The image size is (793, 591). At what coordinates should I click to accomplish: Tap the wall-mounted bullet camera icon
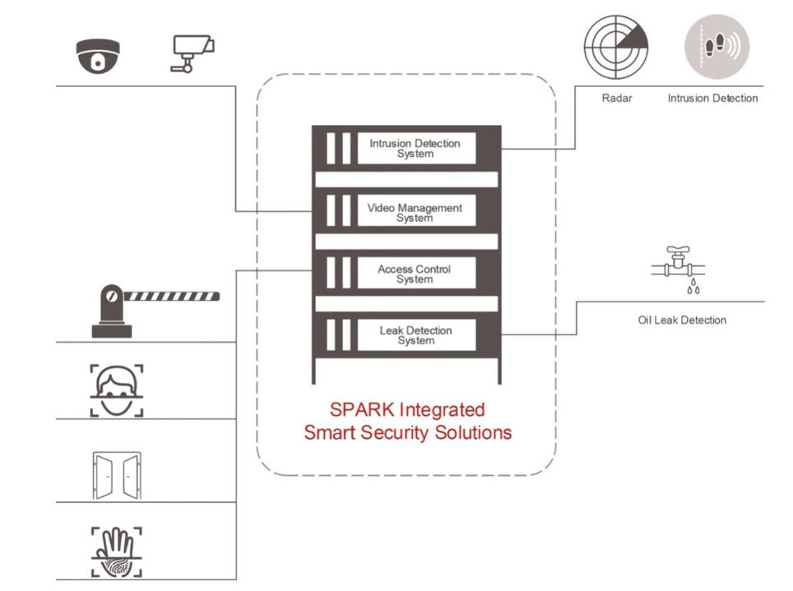(192, 53)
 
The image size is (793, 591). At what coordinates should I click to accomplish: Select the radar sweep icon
(615, 48)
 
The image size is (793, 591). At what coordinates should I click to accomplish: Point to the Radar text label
(616, 99)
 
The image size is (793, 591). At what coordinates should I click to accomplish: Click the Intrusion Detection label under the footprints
(712, 99)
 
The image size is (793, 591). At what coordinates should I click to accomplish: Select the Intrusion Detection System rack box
(415, 149)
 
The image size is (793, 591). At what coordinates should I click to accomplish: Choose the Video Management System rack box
(415, 213)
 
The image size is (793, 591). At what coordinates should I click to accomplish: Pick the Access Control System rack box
(415, 274)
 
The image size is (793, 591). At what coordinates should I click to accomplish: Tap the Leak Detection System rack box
(415, 335)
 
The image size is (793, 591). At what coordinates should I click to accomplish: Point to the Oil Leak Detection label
(682, 320)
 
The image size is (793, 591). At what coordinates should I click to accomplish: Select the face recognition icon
(116, 391)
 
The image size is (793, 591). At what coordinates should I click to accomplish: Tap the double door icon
(116, 475)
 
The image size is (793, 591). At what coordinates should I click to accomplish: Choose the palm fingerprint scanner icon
(116, 552)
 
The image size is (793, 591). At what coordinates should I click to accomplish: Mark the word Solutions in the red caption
(475, 432)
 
